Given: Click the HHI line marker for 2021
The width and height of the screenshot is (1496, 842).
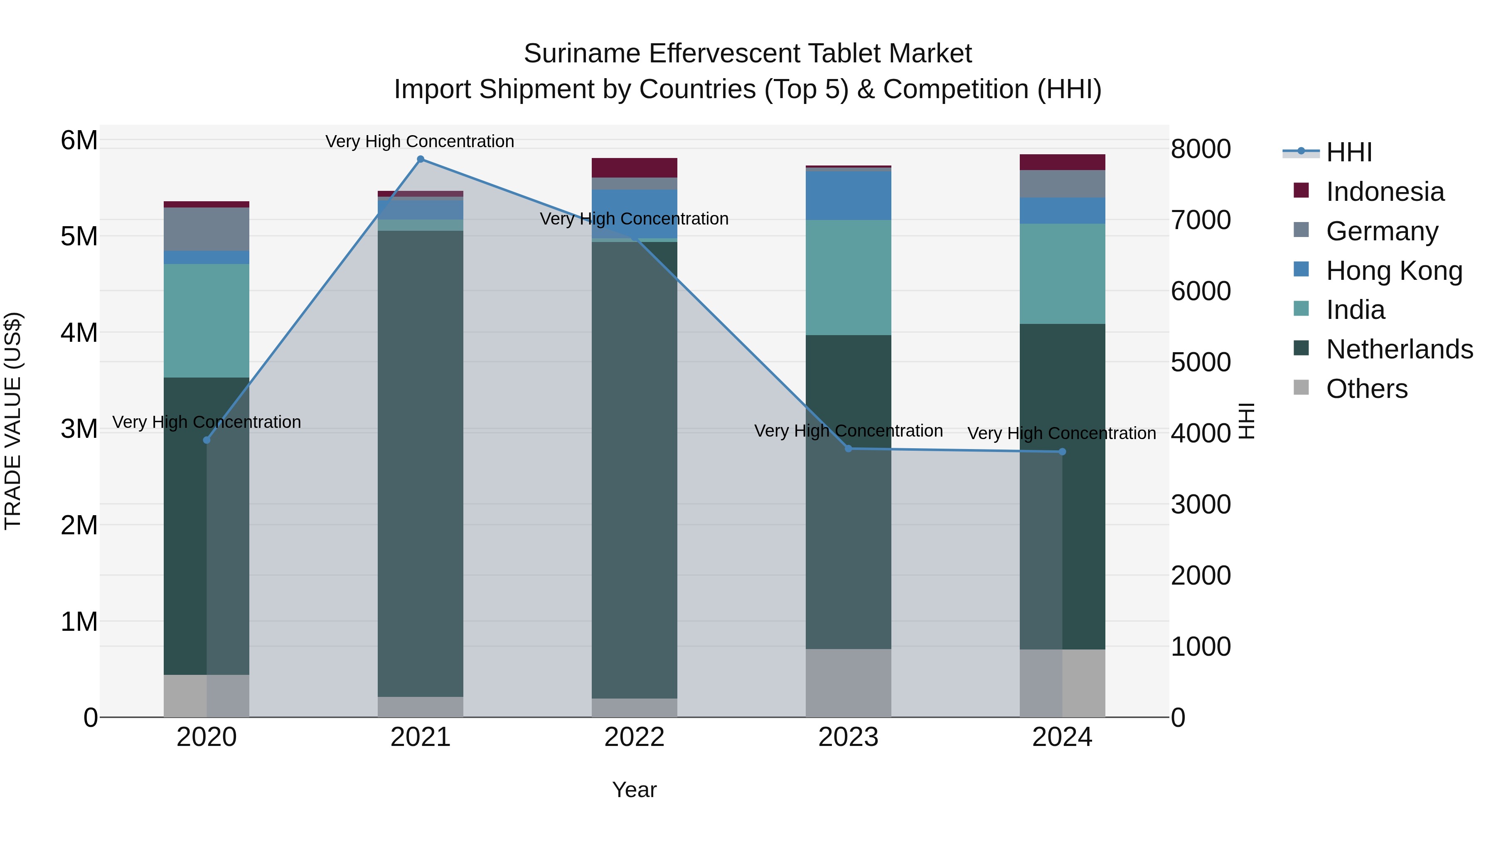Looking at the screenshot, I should (x=421, y=159).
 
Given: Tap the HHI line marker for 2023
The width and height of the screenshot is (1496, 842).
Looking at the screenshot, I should (x=848, y=449).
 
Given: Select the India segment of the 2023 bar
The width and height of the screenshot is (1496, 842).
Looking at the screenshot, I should (x=848, y=277).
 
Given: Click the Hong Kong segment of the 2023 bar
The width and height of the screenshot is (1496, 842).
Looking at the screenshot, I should (x=848, y=195).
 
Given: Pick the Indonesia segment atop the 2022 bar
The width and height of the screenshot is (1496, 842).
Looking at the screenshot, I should (x=634, y=167).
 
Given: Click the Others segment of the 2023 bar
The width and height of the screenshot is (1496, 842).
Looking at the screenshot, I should (x=848, y=683).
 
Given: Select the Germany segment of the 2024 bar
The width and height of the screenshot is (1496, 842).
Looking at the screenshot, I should (x=1062, y=184).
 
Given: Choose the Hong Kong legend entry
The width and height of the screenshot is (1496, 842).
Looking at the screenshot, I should (x=1393, y=271).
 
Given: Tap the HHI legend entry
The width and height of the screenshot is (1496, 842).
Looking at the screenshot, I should (x=1348, y=152).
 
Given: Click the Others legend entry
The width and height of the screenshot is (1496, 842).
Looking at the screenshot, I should (x=1366, y=389).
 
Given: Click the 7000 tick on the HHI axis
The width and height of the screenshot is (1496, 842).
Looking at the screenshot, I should (x=1200, y=220).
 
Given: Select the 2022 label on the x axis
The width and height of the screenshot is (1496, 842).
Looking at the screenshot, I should (x=634, y=737).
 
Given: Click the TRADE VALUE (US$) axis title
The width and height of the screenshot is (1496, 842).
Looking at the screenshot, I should (x=13, y=421).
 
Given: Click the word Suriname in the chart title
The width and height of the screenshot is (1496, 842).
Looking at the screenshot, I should (x=581, y=54).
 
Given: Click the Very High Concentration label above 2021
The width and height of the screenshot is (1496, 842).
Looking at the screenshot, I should (x=419, y=141).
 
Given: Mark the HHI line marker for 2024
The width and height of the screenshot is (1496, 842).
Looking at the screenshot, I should (x=1062, y=452).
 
